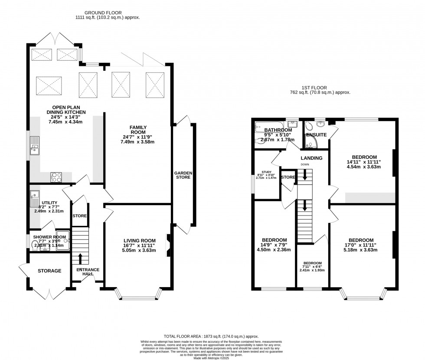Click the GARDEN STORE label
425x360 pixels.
point(183,175)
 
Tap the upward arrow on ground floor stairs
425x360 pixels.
point(80,258)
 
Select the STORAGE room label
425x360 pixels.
point(49,271)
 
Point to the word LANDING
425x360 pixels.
point(312,158)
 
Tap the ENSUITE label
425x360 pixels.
point(316,135)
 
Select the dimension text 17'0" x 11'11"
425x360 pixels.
point(361,245)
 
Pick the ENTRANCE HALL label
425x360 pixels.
point(88,272)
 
